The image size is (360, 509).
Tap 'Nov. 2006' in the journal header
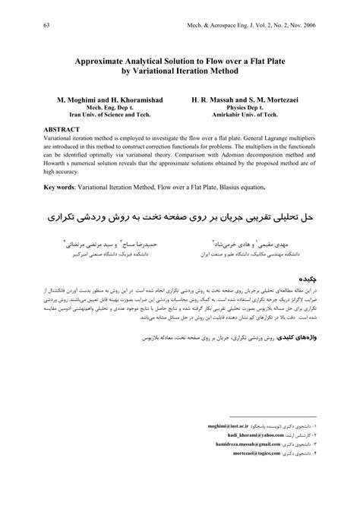pyautogui.click(x=319, y=25)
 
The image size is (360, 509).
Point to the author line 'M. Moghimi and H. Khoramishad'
pyautogui.click(x=103, y=100)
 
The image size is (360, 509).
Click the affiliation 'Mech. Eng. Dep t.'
pyautogui.click(x=103, y=108)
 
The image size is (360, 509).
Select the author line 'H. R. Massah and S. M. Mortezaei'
pyautogui.click(x=251, y=100)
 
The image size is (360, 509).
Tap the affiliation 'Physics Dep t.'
pyautogui.click(x=251, y=108)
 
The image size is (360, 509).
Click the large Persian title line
pyautogui.click(x=179, y=217)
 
